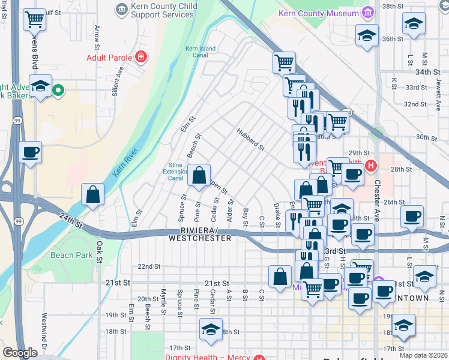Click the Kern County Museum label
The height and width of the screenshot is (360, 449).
tap(318, 13)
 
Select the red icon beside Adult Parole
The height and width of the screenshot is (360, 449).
tap(140, 58)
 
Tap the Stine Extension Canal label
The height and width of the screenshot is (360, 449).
tap(175, 171)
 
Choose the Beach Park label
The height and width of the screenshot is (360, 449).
tap(71, 255)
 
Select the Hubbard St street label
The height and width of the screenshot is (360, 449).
tap(250, 139)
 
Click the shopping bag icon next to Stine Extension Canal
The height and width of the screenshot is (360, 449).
tap(199, 176)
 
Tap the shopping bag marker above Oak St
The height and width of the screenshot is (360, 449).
tap(92, 194)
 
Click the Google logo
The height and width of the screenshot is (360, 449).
tap(20, 353)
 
